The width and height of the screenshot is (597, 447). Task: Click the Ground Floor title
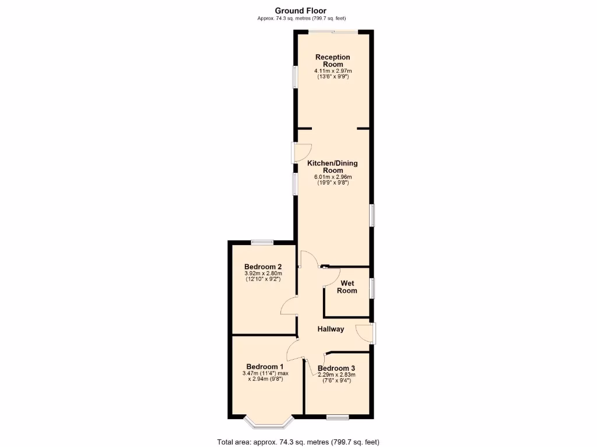point(301,10)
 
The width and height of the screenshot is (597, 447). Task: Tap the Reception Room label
point(333,61)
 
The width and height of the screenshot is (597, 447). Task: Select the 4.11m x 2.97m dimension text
point(333,71)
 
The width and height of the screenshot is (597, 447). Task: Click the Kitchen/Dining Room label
point(333,167)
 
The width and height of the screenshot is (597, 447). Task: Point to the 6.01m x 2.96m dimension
point(333,177)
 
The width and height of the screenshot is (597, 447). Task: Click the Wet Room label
point(347,287)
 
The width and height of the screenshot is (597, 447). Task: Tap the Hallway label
point(331,329)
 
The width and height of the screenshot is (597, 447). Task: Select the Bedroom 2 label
point(264,267)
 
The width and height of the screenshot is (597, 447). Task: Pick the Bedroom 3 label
point(336,368)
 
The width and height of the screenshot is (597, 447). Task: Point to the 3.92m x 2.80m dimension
point(264,274)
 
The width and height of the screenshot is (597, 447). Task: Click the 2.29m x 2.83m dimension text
point(336,375)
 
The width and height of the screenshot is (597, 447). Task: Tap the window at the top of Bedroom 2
point(263,242)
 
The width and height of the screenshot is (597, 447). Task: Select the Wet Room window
point(372,289)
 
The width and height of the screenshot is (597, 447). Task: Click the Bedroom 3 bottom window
point(338,417)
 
